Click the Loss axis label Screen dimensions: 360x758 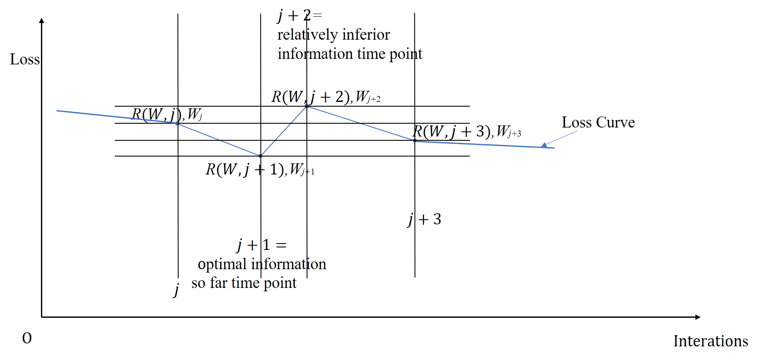[x=25, y=59]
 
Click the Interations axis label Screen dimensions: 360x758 [x=710, y=341]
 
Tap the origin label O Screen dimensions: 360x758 [x=27, y=338]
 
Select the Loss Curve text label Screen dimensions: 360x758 [x=598, y=122]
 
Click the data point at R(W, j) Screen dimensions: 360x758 [x=177, y=124]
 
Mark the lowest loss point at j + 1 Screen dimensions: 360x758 [x=261, y=156]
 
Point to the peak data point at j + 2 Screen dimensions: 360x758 [x=307, y=106]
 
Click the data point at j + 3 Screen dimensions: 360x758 [x=415, y=141]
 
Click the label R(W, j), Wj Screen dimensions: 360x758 [x=167, y=114]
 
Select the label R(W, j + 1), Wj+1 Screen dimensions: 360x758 [x=260, y=170]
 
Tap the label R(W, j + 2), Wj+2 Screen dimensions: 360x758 [x=326, y=97]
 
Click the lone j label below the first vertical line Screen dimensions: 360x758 [x=176, y=290]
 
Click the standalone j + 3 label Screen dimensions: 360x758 [x=424, y=219]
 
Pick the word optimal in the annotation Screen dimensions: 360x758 [x=222, y=264]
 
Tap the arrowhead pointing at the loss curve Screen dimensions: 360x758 [x=544, y=145]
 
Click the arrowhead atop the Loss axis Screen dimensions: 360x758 [x=41, y=20]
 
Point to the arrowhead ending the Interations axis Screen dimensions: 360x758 [x=697, y=317]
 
